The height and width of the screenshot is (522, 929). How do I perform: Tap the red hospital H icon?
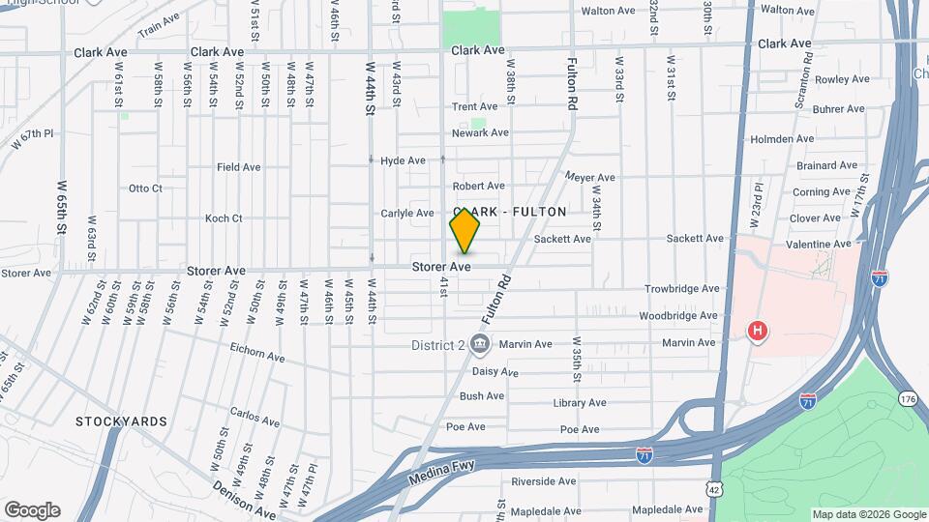(x=758, y=333)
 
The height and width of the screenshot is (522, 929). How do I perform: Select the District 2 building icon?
(x=479, y=343)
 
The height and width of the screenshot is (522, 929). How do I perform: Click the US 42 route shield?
(x=713, y=490)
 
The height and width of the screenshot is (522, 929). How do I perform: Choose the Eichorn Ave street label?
(x=257, y=356)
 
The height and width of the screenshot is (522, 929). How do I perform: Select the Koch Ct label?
(x=224, y=218)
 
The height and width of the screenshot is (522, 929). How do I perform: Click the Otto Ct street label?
(x=145, y=188)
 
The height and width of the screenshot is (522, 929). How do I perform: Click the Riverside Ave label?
(x=544, y=481)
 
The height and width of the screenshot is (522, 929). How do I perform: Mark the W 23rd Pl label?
(x=758, y=206)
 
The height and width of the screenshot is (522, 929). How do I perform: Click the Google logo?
(x=32, y=510)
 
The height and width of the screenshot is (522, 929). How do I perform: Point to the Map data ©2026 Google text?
(x=868, y=514)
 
